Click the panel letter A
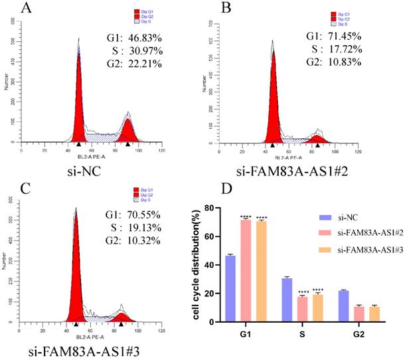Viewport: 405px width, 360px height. (x=27, y=9)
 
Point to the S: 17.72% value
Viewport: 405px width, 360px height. (x=332, y=50)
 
